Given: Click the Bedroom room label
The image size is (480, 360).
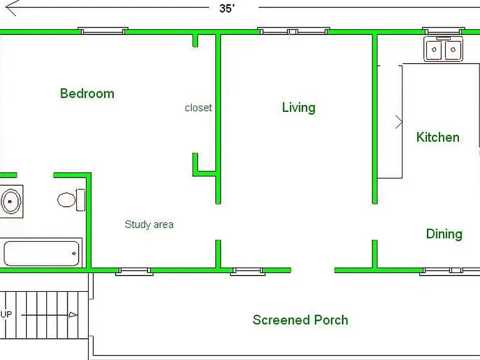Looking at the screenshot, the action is coord(87,93).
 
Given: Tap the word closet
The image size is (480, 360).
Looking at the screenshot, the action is coord(198,107).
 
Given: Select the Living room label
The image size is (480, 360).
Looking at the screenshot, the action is coord(299,107).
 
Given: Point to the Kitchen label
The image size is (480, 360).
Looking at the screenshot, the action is coord(437,137).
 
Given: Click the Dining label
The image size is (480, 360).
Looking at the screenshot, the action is coord(444,234).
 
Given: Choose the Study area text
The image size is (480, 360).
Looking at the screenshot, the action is coord(149,224).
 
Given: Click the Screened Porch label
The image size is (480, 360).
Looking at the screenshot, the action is coord(300,320).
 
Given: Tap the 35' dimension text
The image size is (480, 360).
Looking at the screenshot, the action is coord(227,8).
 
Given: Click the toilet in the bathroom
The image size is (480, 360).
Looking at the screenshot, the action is coord(71,200).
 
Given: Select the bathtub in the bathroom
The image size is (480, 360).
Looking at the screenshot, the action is coord(42,254).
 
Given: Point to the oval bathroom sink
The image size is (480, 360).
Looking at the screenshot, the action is coord(11,201).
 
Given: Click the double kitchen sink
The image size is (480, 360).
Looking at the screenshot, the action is coord(443,49).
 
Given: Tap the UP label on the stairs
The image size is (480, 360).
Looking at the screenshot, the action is coord(6,314).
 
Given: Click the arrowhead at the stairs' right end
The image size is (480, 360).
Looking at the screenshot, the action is coord(73,314).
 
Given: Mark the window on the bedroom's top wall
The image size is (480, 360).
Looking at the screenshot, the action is coord(103,31).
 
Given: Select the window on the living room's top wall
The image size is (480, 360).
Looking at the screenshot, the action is coord(293,31).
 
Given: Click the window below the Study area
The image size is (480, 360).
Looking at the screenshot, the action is coord(134,271).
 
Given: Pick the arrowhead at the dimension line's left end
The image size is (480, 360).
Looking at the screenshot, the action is coord(11,7).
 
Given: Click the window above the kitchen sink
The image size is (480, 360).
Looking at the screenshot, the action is coord(444,31).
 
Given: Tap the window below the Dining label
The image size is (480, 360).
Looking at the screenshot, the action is coord(450,271).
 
